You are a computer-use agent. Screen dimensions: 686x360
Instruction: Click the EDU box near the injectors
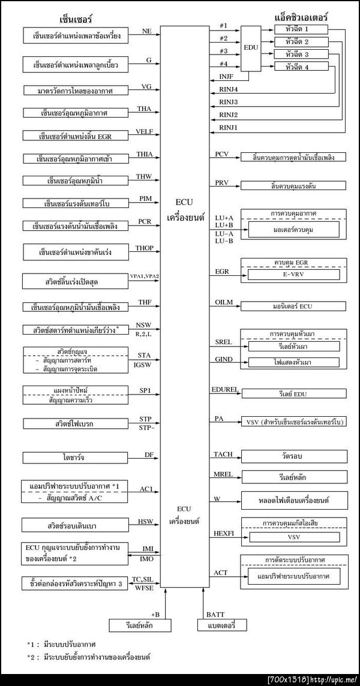(251, 47)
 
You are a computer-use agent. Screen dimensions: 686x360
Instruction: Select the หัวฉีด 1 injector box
(298, 29)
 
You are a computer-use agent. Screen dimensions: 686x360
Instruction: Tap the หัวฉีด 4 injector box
(298, 67)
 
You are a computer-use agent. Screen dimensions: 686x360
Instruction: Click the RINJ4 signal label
(229, 89)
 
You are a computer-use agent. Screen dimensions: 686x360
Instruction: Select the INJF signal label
(227, 77)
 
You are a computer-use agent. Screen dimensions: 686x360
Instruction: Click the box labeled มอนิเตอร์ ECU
(292, 306)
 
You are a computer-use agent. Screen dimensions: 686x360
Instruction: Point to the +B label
(155, 613)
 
